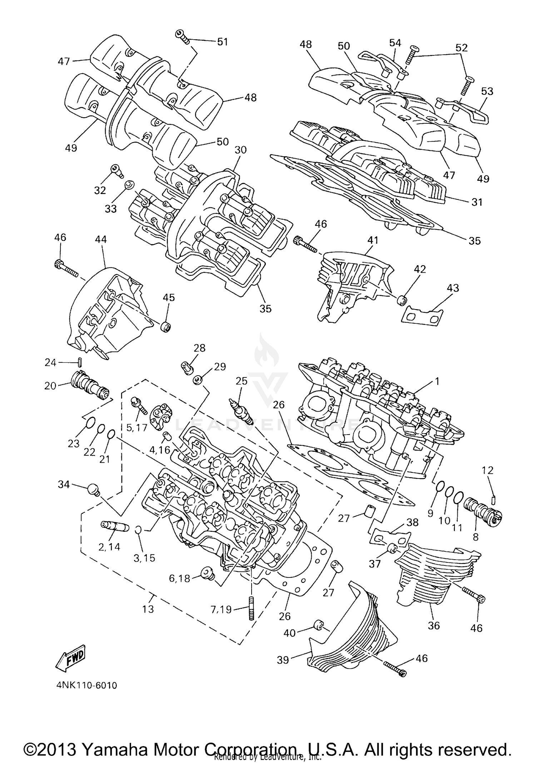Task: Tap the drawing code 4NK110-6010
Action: (x=86, y=686)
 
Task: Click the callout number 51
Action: (x=223, y=42)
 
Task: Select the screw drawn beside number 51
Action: (x=183, y=36)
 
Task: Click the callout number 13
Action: (x=148, y=609)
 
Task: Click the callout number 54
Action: (x=395, y=43)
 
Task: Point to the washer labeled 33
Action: (x=129, y=185)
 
